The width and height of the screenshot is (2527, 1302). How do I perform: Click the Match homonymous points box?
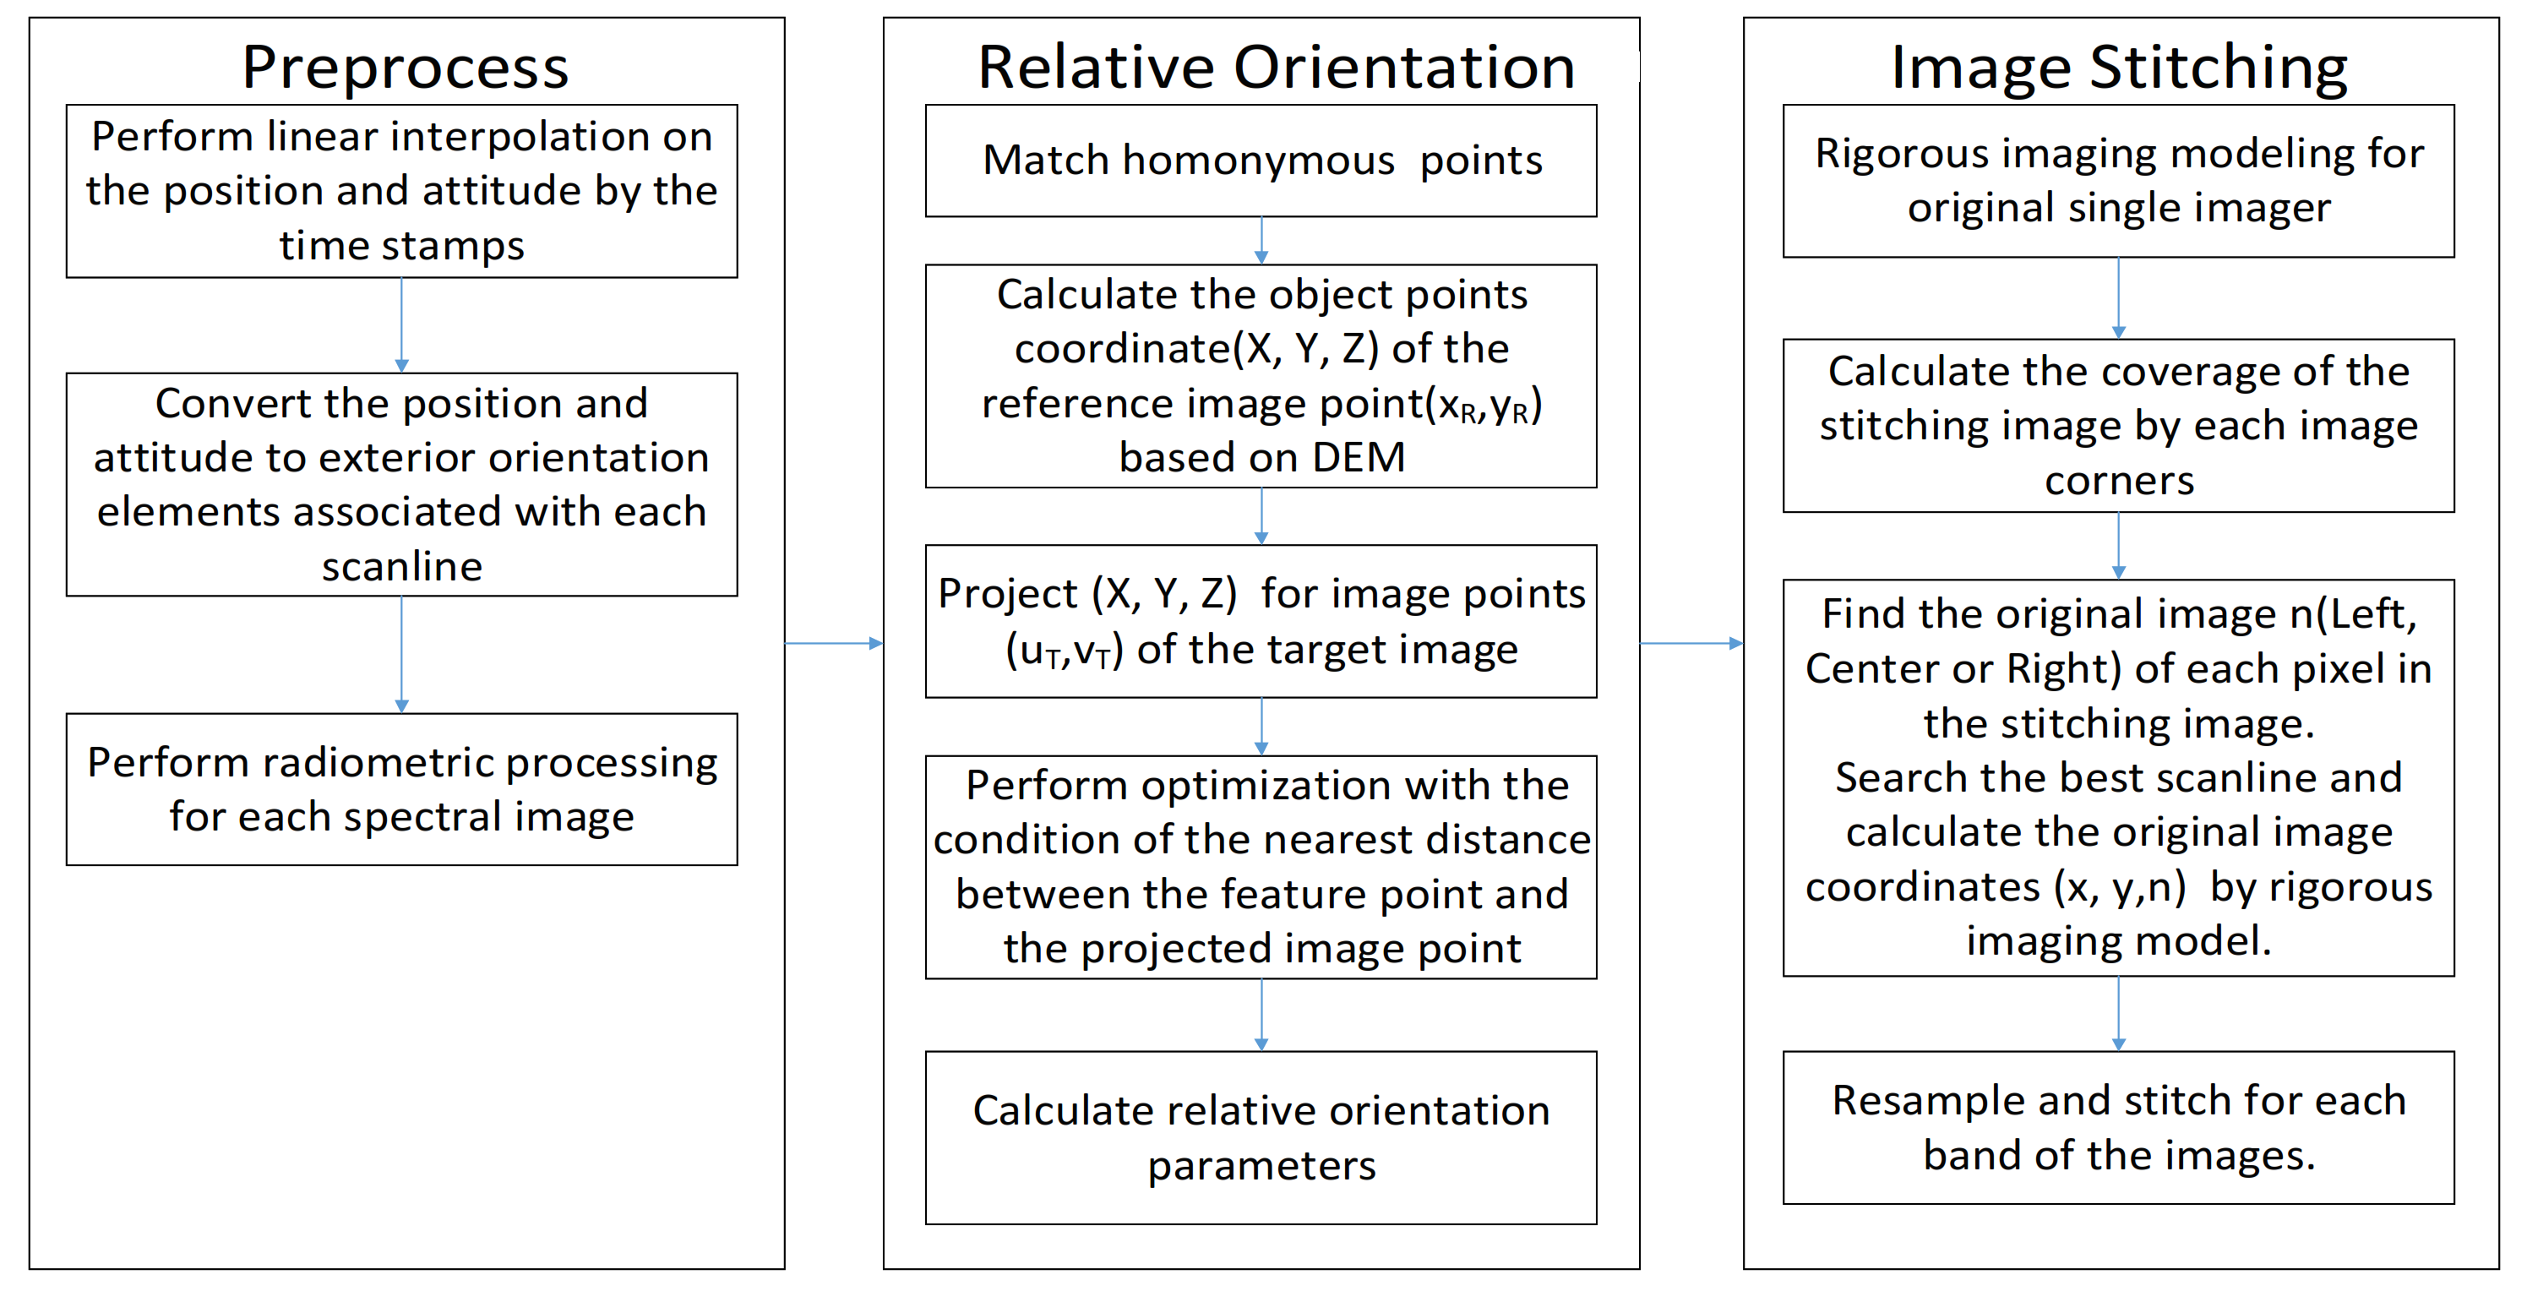point(1261,161)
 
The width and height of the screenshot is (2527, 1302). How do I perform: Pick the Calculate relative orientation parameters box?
point(1261,1137)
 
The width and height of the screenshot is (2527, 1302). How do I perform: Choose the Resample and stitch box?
point(2118,1127)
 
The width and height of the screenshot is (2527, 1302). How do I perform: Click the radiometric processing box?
point(401,789)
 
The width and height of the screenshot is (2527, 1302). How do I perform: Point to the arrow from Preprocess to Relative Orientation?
point(834,643)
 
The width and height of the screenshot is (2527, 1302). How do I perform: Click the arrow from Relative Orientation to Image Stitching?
point(1691,643)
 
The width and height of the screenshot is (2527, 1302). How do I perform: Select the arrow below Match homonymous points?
point(1261,241)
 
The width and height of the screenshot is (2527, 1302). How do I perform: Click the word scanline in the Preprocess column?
point(401,566)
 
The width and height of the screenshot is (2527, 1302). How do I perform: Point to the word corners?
point(2119,481)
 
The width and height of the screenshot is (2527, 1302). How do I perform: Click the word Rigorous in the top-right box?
point(1884,154)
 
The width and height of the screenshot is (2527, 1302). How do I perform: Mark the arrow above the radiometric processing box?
point(401,655)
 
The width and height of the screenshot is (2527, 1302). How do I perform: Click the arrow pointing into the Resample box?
point(2118,1014)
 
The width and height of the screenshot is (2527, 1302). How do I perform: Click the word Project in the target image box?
point(1006,594)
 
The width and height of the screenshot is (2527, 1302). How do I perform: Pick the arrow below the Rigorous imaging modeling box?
point(2118,298)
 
